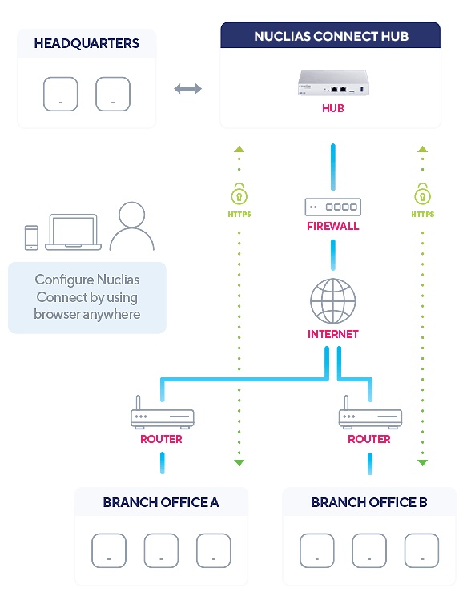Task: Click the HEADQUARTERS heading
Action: click(87, 43)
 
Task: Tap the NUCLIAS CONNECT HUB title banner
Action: click(331, 35)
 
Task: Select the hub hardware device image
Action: click(333, 83)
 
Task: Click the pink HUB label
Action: click(333, 108)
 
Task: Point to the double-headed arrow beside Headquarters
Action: click(187, 89)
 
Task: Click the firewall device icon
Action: click(333, 207)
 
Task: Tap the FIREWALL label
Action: click(333, 226)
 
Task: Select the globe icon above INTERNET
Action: click(333, 300)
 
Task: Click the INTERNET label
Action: click(333, 334)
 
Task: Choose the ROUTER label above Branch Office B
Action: click(369, 439)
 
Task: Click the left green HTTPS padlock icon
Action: click(239, 194)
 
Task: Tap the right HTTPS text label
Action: click(423, 215)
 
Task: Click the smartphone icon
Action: click(31, 238)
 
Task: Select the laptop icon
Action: click(74, 232)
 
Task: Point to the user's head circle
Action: click(131, 215)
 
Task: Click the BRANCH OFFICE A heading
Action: click(161, 502)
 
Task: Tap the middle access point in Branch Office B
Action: click(369, 550)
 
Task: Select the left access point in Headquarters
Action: click(60, 94)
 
